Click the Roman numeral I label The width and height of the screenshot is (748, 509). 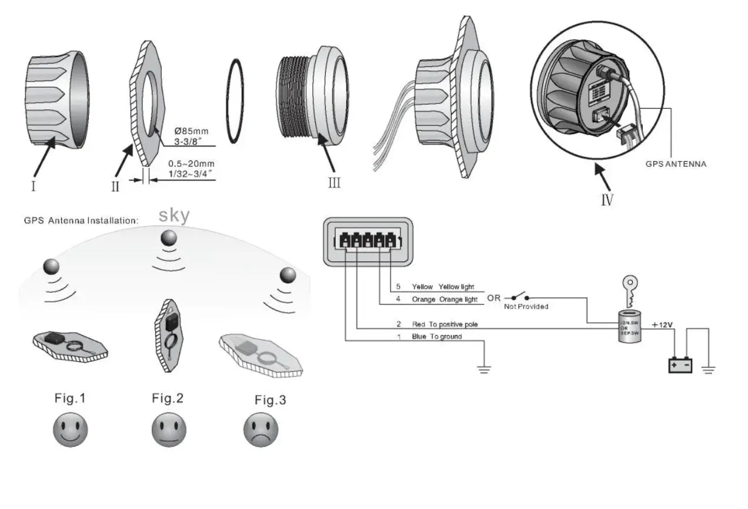(x=33, y=186)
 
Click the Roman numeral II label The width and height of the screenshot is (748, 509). (x=115, y=186)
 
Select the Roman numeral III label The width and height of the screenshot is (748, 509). (x=334, y=183)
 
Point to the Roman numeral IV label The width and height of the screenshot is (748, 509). (x=607, y=200)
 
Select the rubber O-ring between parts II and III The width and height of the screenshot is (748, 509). (x=235, y=101)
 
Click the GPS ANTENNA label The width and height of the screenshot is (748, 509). (x=676, y=164)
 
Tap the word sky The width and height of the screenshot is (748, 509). (x=174, y=216)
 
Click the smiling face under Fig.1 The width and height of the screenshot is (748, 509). (x=71, y=429)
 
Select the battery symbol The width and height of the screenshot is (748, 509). (x=680, y=365)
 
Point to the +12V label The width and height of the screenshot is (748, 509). (x=662, y=324)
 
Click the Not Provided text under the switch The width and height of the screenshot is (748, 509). (x=526, y=306)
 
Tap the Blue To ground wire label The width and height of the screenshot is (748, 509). (x=437, y=337)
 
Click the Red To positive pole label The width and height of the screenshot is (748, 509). (x=445, y=324)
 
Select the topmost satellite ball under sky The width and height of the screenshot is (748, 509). (x=169, y=237)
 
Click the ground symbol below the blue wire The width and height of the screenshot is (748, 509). (x=484, y=369)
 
